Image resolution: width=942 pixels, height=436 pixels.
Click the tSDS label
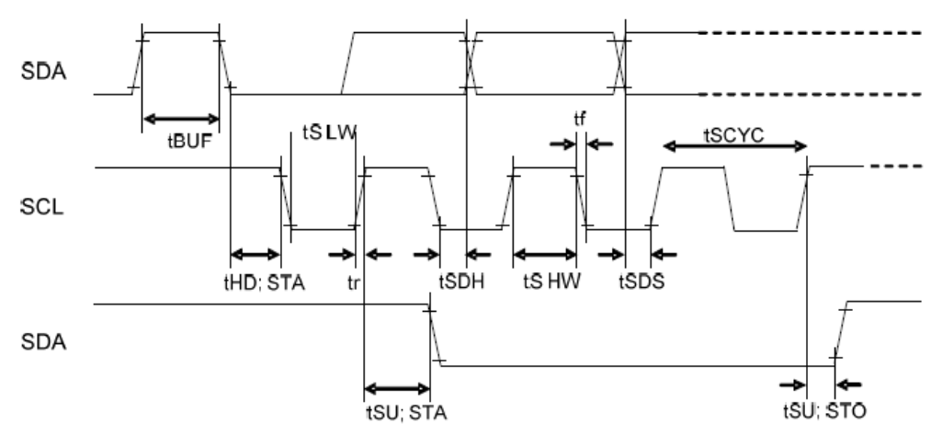pyautogui.click(x=641, y=281)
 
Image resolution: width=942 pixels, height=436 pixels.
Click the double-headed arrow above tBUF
pyautogui.click(x=181, y=118)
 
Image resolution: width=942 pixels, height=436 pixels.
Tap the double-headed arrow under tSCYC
pyautogui.click(x=734, y=145)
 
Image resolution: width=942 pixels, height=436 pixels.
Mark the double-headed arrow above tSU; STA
pyautogui.click(x=397, y=387)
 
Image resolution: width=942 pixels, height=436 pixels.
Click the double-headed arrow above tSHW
pyautogui.click(x=544, y=255)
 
